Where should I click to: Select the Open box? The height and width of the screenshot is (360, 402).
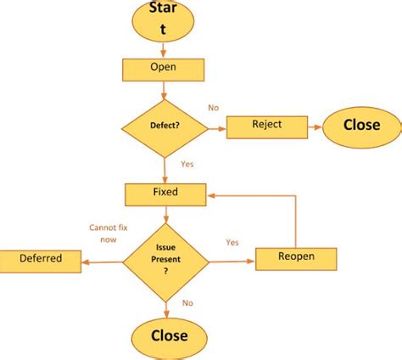pos(163,69)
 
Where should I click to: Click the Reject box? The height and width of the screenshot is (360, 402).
pos(266,126)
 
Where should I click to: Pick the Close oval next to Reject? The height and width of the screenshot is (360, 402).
pos(360,126)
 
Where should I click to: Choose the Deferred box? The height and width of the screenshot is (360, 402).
pos(40,259)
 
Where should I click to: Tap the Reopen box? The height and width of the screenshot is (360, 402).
pos(296,257)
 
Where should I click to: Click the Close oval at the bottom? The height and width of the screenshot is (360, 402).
pos(168,335)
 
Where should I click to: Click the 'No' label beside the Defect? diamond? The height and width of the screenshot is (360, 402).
pos(214,108)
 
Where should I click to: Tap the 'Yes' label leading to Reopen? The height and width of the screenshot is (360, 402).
pos(232,242)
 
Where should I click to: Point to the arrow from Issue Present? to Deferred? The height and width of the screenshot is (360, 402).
pos(103,262)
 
